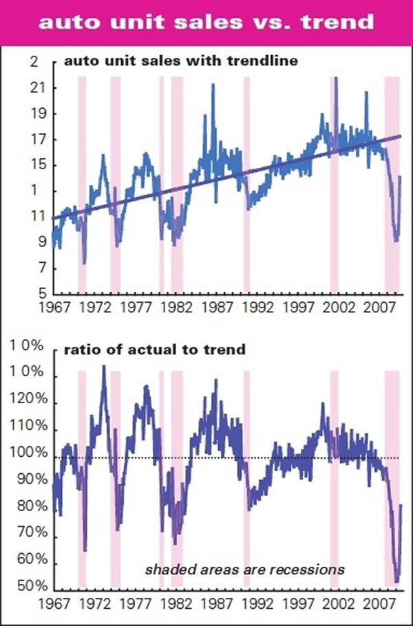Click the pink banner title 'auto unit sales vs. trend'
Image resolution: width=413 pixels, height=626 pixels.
click(x=206, y=22)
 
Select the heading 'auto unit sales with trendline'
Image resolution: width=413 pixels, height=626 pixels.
click(x=180, y=62)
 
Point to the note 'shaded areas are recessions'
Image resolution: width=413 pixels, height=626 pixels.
click(x=244, y=570)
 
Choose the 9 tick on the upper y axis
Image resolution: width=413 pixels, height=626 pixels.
click(x=34, y=242)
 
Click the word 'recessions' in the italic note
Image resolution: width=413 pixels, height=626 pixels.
click(x=313, y=570)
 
